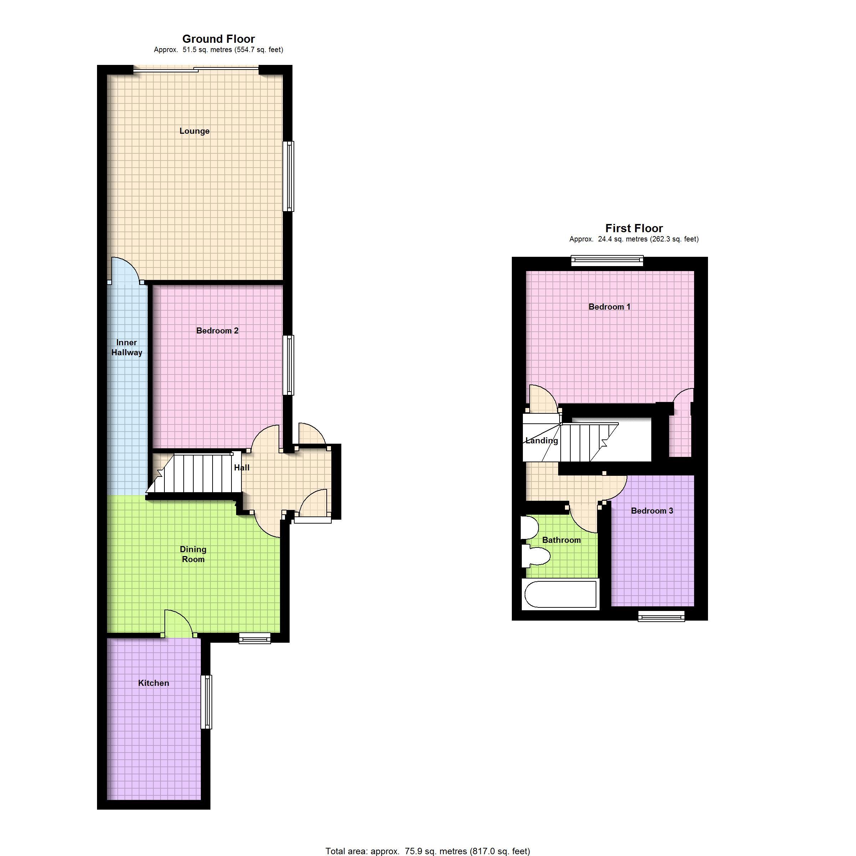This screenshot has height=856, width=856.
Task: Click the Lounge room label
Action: tap(194, 131)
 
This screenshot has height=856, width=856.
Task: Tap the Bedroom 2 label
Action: tap(217, 331)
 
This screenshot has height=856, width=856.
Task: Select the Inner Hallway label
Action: tap(127, 347)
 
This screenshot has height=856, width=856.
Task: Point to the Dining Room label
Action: tap(193, 554)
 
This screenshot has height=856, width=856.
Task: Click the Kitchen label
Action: tap(153, 683)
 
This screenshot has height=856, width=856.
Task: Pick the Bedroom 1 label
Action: tap(609, 307)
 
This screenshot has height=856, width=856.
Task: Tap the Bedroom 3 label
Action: tap(652, 510)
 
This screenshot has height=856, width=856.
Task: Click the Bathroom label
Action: tap(561, 540)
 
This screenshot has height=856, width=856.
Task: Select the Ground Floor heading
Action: tap(218, 39)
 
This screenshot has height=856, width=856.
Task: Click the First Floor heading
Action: tap(634, 228)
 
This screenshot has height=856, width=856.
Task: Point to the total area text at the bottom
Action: tap(428, 851)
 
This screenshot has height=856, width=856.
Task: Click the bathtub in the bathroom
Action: tap(560, 594)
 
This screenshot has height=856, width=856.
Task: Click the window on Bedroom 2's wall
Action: tap(290, 365)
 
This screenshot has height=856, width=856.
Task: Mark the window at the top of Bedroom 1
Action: tap(607, 260)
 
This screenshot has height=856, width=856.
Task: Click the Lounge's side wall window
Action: tap(289, 176)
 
